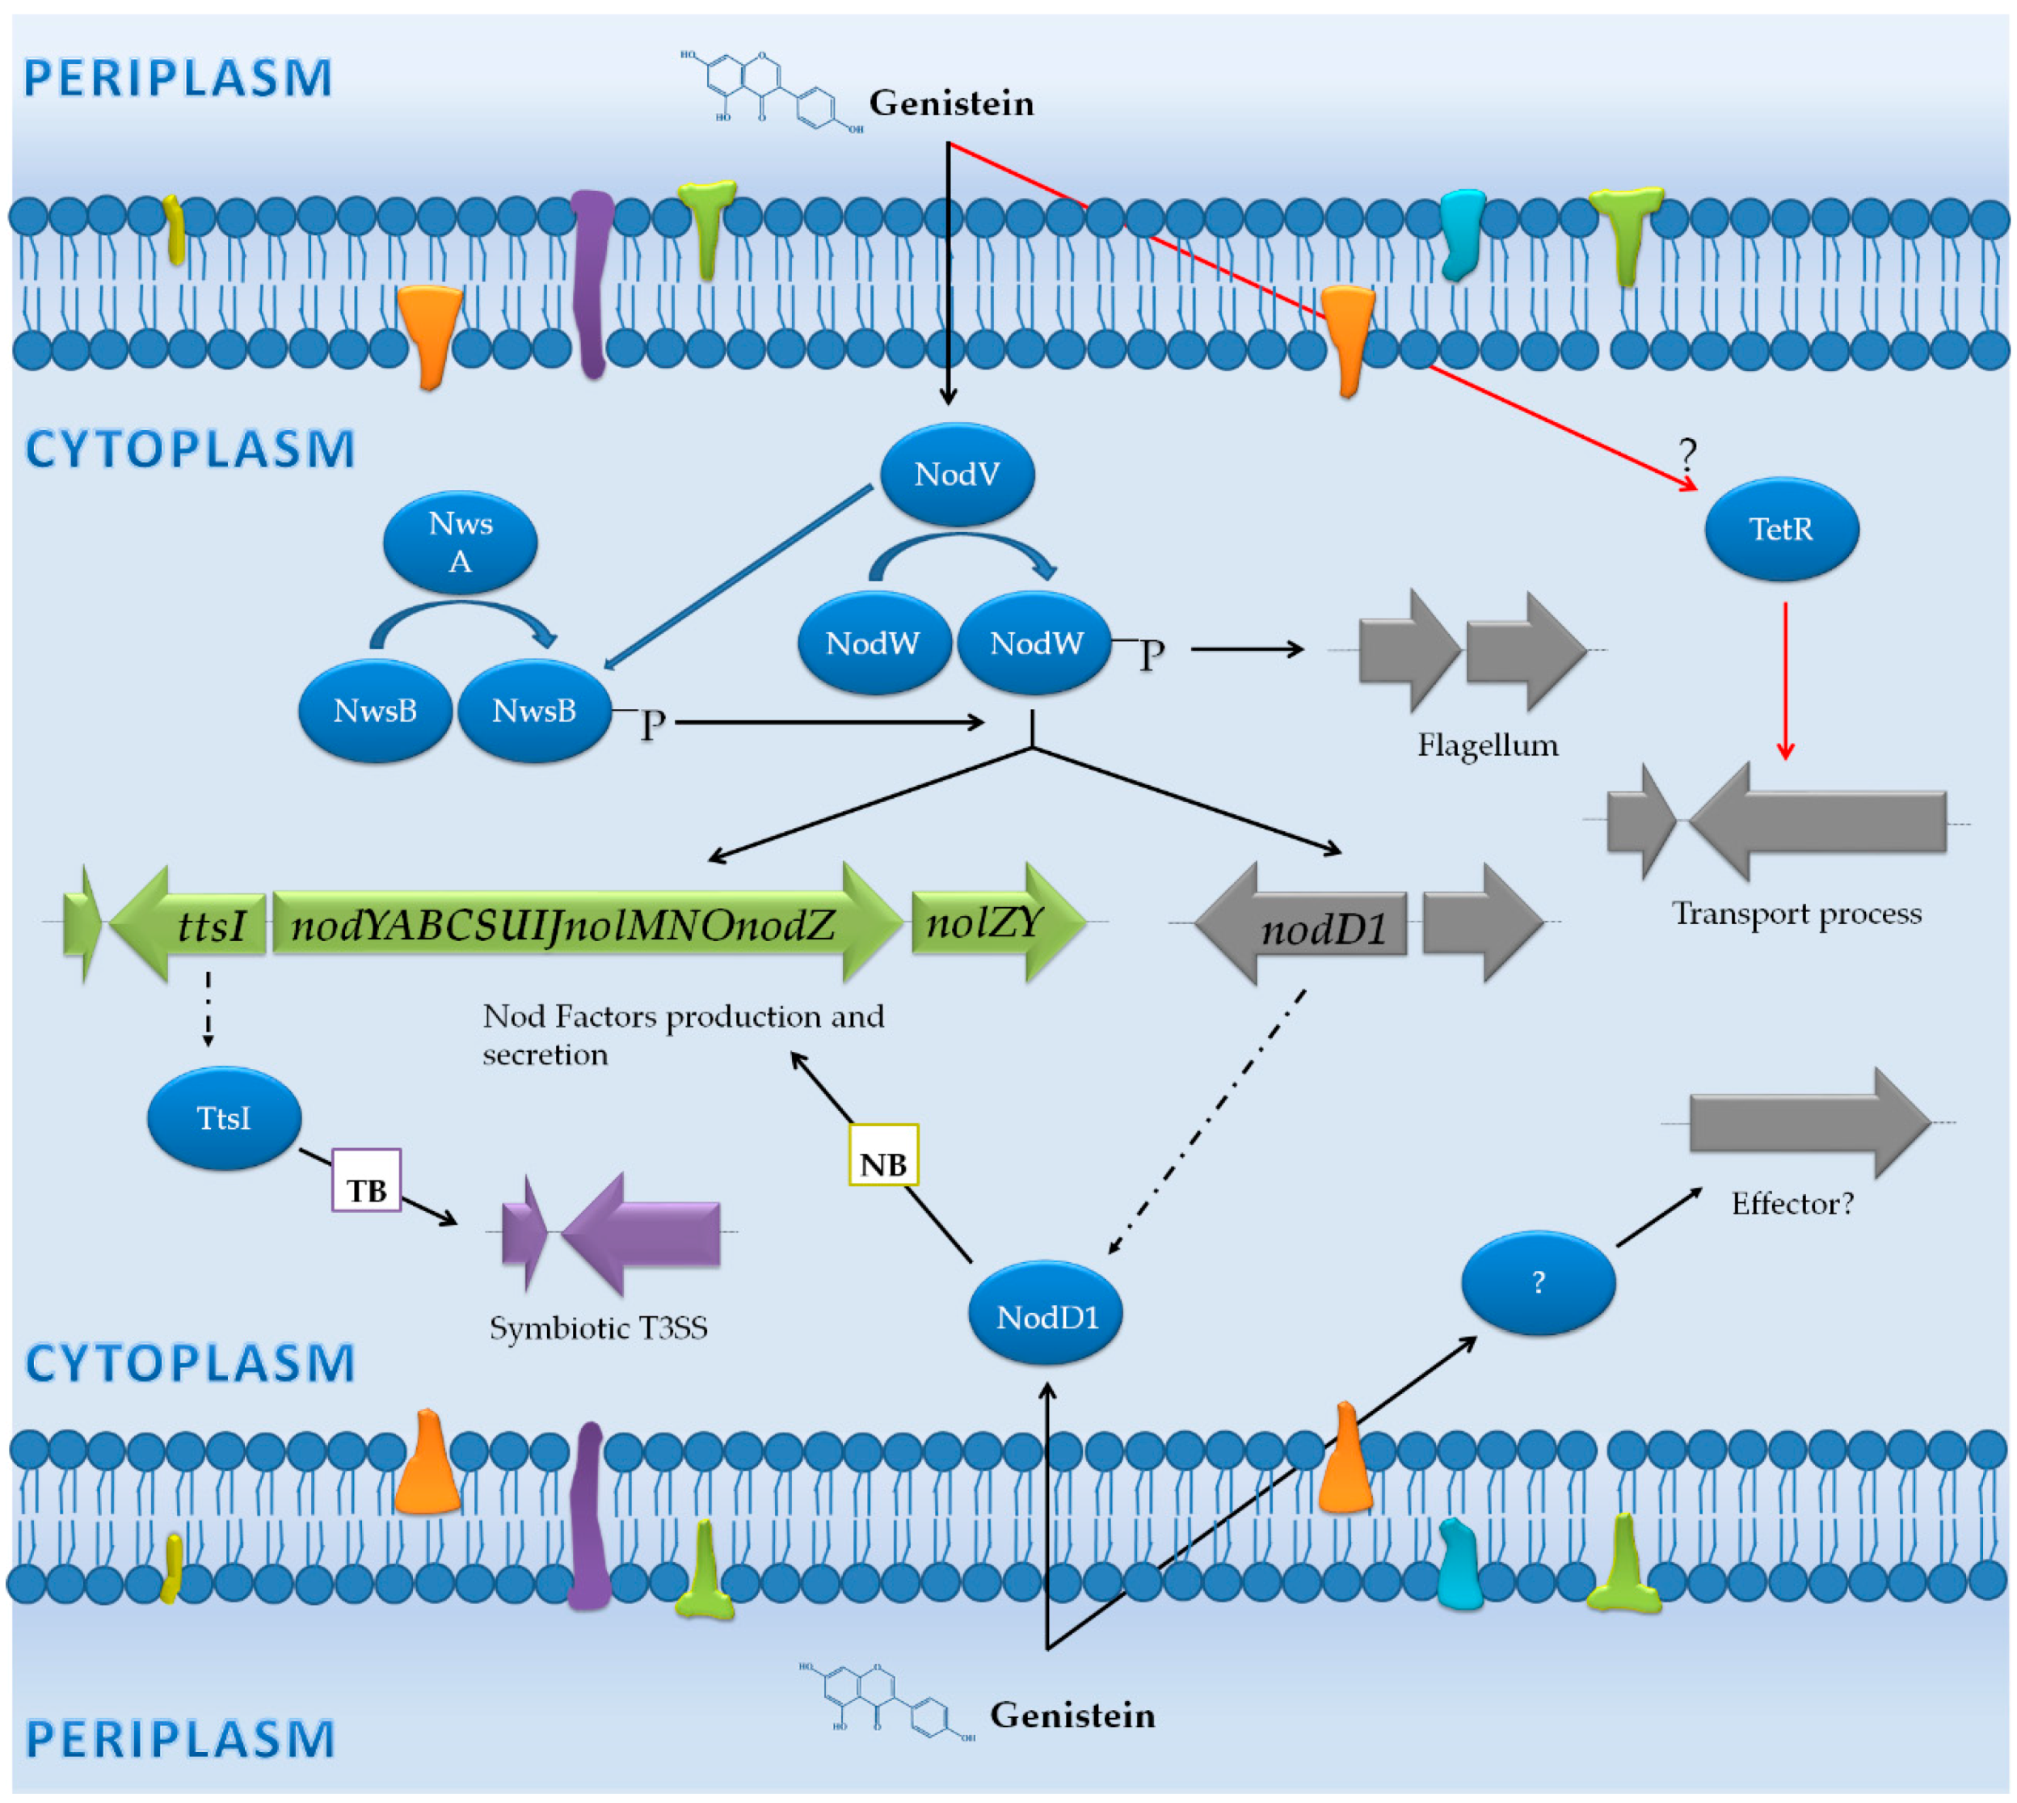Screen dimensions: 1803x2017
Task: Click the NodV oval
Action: point(957,475)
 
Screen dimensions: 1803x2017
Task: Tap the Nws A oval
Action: point(460,543)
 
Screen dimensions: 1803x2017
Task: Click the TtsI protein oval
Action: point(224,1118)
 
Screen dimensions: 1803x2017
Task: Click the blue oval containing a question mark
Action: point(1538,1283)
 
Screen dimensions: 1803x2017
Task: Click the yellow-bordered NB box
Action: point(883,1155)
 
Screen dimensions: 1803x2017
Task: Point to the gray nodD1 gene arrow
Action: point(1302,924)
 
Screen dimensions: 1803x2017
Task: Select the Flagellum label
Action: point(1486,745)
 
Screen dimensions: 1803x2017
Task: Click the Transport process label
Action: point(1796,914)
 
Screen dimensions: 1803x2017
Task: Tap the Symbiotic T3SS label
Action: point(598,1328)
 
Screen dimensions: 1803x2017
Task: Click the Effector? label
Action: point(1792,1204)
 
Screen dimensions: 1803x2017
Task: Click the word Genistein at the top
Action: point(950,103)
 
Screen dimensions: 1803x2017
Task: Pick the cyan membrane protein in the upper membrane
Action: point(1460,233)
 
